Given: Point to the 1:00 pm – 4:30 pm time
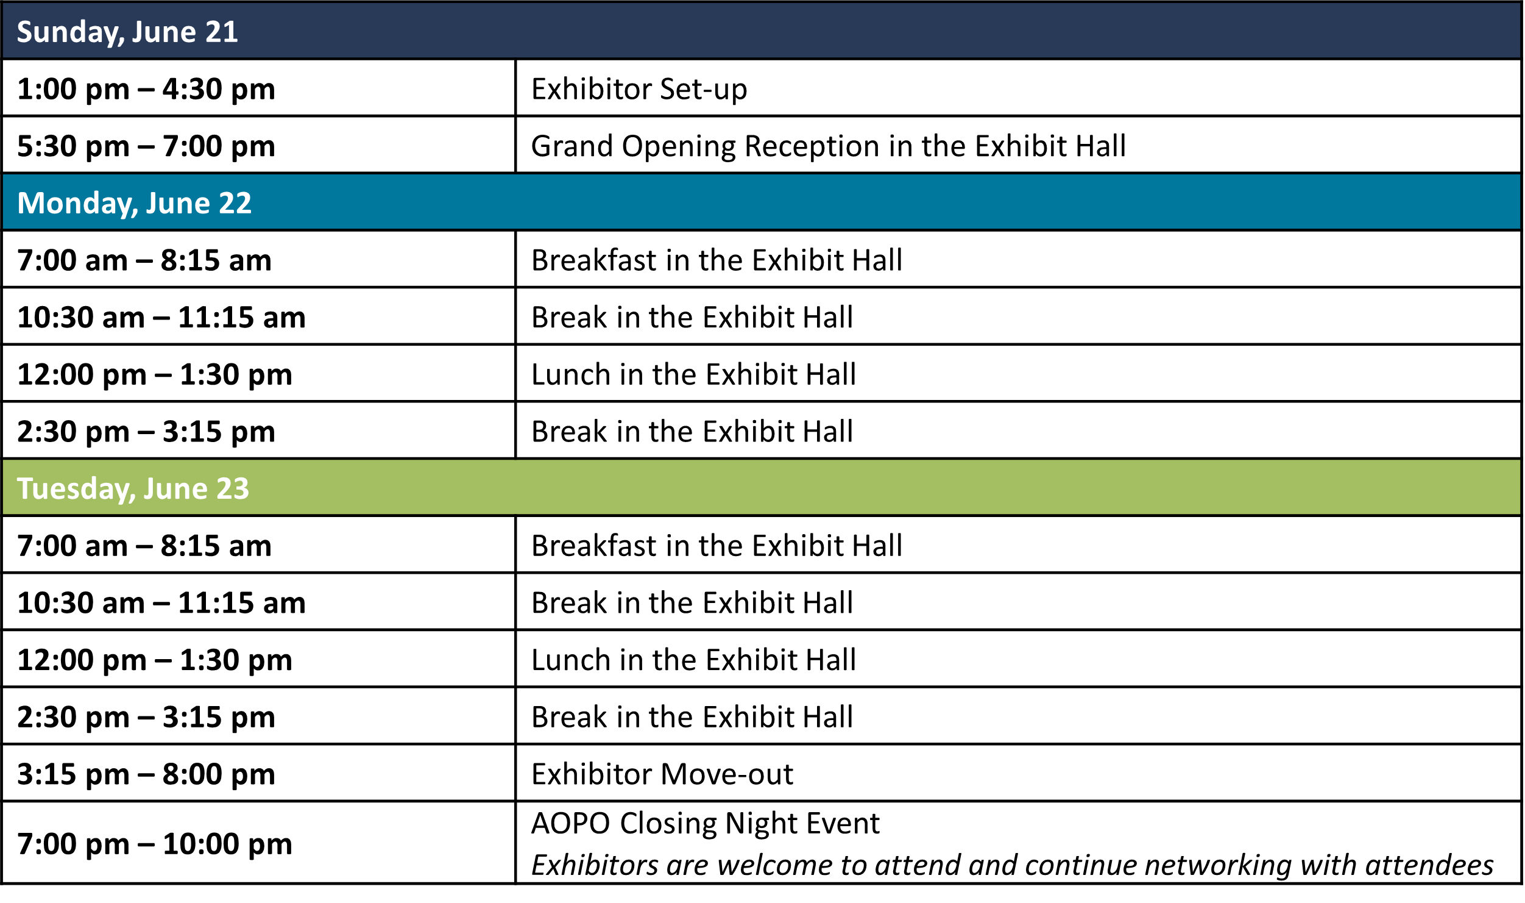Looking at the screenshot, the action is pyautogui.click(x=146, y=90).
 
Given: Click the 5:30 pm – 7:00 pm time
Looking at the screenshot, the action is pyautogui.click(x=146, y=147).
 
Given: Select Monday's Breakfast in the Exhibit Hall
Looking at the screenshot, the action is pyautogui.click(x=717, y=260).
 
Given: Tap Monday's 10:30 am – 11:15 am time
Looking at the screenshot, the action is pyautogui.click(x=161, y=318).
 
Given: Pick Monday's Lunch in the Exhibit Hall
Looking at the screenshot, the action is pyautogui.click(x=693, y=374).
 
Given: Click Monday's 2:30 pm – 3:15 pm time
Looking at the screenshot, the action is pyautogui.click(x=146, y=432).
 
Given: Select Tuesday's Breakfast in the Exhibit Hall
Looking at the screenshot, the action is pyautogui.click(x=717, y=546).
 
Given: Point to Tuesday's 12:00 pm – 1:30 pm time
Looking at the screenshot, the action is pyautogui.click(x=155, y=660).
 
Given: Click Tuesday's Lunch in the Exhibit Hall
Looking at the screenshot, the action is pyautogui.click(x=693, y=660).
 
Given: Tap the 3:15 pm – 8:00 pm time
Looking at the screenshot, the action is pyautogui.click(x=146, y=775).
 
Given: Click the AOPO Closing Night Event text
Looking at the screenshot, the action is pyautogui.click(x=706, y=824).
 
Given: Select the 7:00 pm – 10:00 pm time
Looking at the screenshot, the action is pyautogui.click(x=155, y=844).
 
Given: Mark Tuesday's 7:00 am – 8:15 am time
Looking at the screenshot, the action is pyautogui.click(x=144, y=546).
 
